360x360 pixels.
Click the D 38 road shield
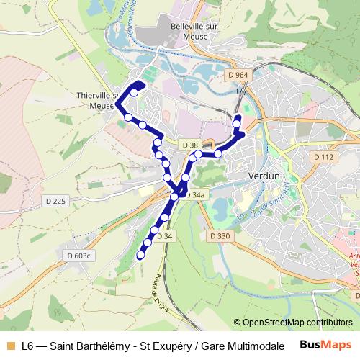coord(189,145)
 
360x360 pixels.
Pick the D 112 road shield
coord(324,157)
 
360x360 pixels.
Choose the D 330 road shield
coord(220,235)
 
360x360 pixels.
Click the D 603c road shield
coord(80,256)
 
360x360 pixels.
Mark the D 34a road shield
coord(195,194)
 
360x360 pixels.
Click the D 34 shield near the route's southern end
coord(164,235)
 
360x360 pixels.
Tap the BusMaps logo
coord(326,345)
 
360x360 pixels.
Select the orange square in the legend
coord(9,346)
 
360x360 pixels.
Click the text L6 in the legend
coord(28,346)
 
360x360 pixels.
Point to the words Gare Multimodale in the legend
coord(243,346)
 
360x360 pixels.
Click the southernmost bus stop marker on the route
coord(140,253)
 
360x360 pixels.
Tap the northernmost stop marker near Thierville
coord(134,93)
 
